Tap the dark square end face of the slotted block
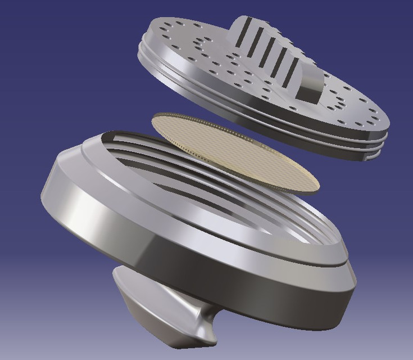point(308,91)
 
